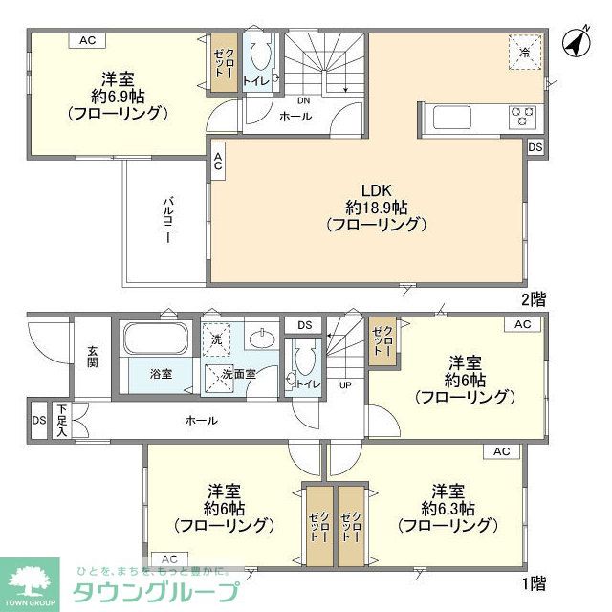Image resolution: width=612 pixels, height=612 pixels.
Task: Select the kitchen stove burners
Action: [521, 117]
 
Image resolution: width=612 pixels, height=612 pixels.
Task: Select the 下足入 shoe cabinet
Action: [61, 420]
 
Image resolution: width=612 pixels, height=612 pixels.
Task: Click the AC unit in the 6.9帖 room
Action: [88, 40]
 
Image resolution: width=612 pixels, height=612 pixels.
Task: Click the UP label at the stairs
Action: [345, 385]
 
